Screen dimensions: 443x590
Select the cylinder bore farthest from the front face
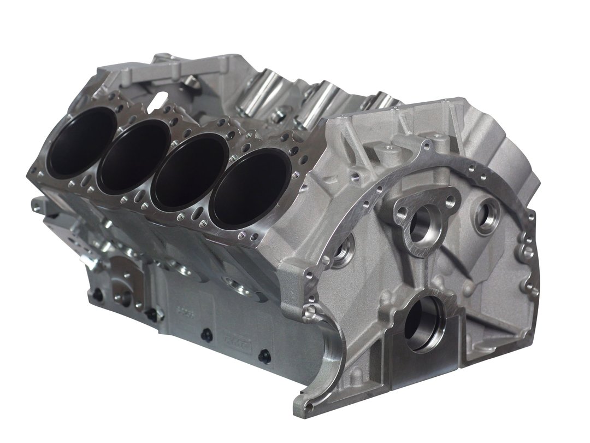tap(80, 142)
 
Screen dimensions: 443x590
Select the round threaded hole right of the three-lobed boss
tap(487, 214)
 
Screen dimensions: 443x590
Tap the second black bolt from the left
tap(151, 314)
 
